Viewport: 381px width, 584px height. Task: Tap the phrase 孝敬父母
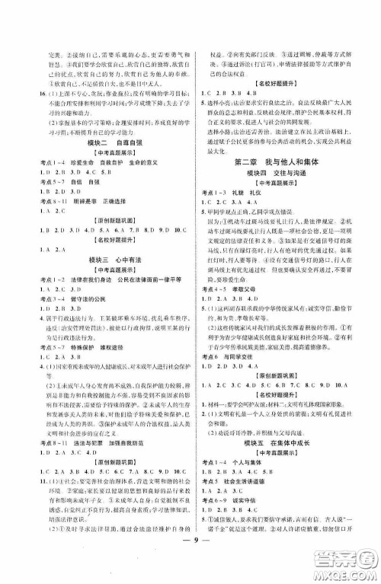[253, 302]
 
